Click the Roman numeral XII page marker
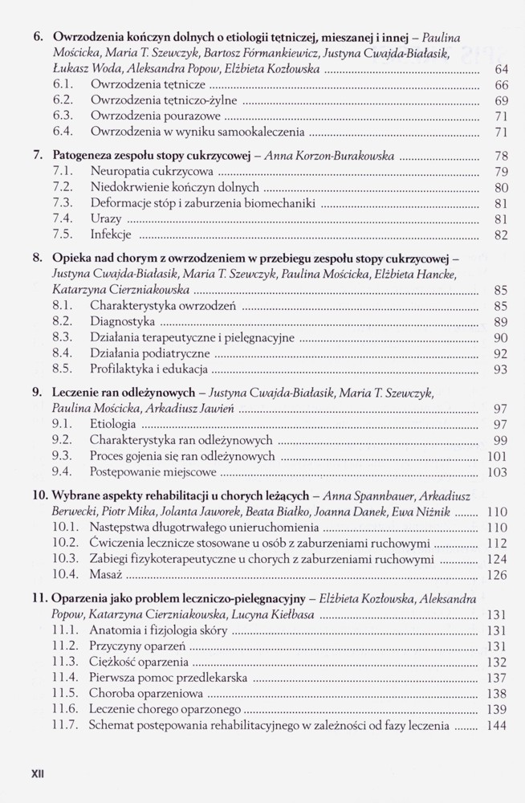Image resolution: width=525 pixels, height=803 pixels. [x=37, y=775]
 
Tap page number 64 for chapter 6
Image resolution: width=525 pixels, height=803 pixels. [x=500, y=70]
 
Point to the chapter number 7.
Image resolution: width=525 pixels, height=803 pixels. [x=37, y=156]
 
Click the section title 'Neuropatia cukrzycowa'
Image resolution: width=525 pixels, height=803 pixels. [x=152, y=171]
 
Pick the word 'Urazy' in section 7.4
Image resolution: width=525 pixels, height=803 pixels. [x=106, y=218]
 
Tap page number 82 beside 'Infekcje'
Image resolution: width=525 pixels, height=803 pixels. [x=500, y=235]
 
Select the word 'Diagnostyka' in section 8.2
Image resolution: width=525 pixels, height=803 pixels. [x=123, y=321]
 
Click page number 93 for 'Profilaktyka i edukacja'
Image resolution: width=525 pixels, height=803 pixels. [x=500, y=369]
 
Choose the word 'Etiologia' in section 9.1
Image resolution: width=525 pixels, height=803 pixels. [x=114, y=424]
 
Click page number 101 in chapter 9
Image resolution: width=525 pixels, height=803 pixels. [x=497, y=457]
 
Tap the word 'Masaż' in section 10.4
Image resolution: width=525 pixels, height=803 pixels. [x=106, y=574]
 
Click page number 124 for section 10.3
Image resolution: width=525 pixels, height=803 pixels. [x=497, y=559]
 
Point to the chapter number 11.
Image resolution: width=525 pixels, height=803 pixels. [x=39, y=598]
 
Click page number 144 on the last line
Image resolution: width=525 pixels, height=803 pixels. [x=497, y=725]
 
